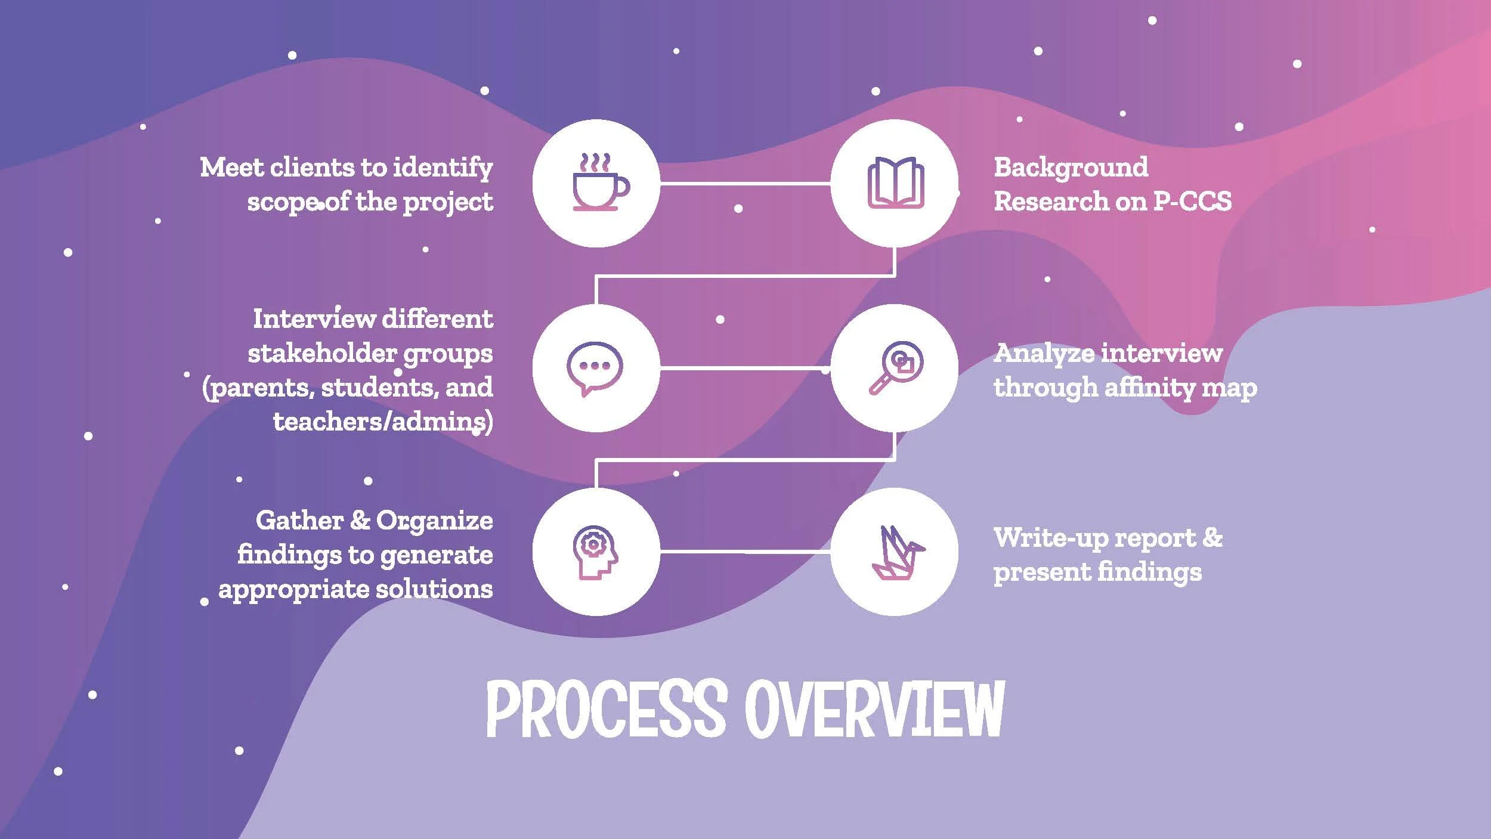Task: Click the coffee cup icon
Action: pyautogui.click(x=599, y=182)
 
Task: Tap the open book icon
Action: pyautogui.click(x=895, y=182)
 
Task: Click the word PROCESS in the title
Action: pyautogui.click(x=607, y=710)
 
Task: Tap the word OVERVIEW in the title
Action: pyautogui.click(x=874, y=710)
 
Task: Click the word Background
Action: pyautogui.click(x=1071, y=168)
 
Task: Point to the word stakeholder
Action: pyautogui.click(x=322, y=354)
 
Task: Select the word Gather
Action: pyautogui.click(x=299, y=521)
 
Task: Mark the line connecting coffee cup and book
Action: pyautogui.click(x=745, y=183)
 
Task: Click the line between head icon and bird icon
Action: pyautogui.click(x=745, y=552)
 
